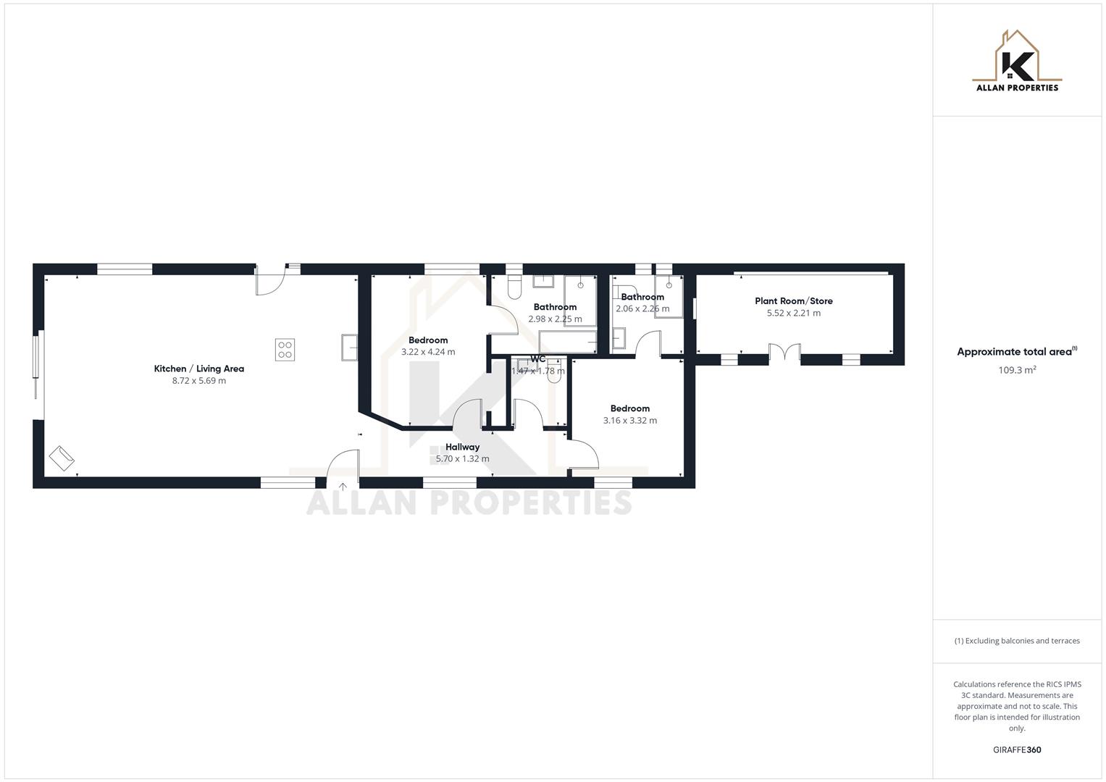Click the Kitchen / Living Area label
tap(198, 369)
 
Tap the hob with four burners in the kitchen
tap(285, 350)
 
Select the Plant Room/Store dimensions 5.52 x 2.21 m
tap(793, 313)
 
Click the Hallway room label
tap(462, 447)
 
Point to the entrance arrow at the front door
tap(343, 486)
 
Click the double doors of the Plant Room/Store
tap(784, 354)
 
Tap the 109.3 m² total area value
tap(1016, 370)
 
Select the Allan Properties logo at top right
tap(1017, 62)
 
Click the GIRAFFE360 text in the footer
tap(1016, 749)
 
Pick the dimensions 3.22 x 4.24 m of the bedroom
tap(428, 352)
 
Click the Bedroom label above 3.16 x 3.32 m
tap(629, 408)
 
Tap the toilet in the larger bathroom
tap(514, 287)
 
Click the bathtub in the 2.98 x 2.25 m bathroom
tap(568, 342)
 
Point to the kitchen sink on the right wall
tap(349, 347)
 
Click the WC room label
tap(537, 359)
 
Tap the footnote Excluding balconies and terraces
tap(1016, 641)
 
